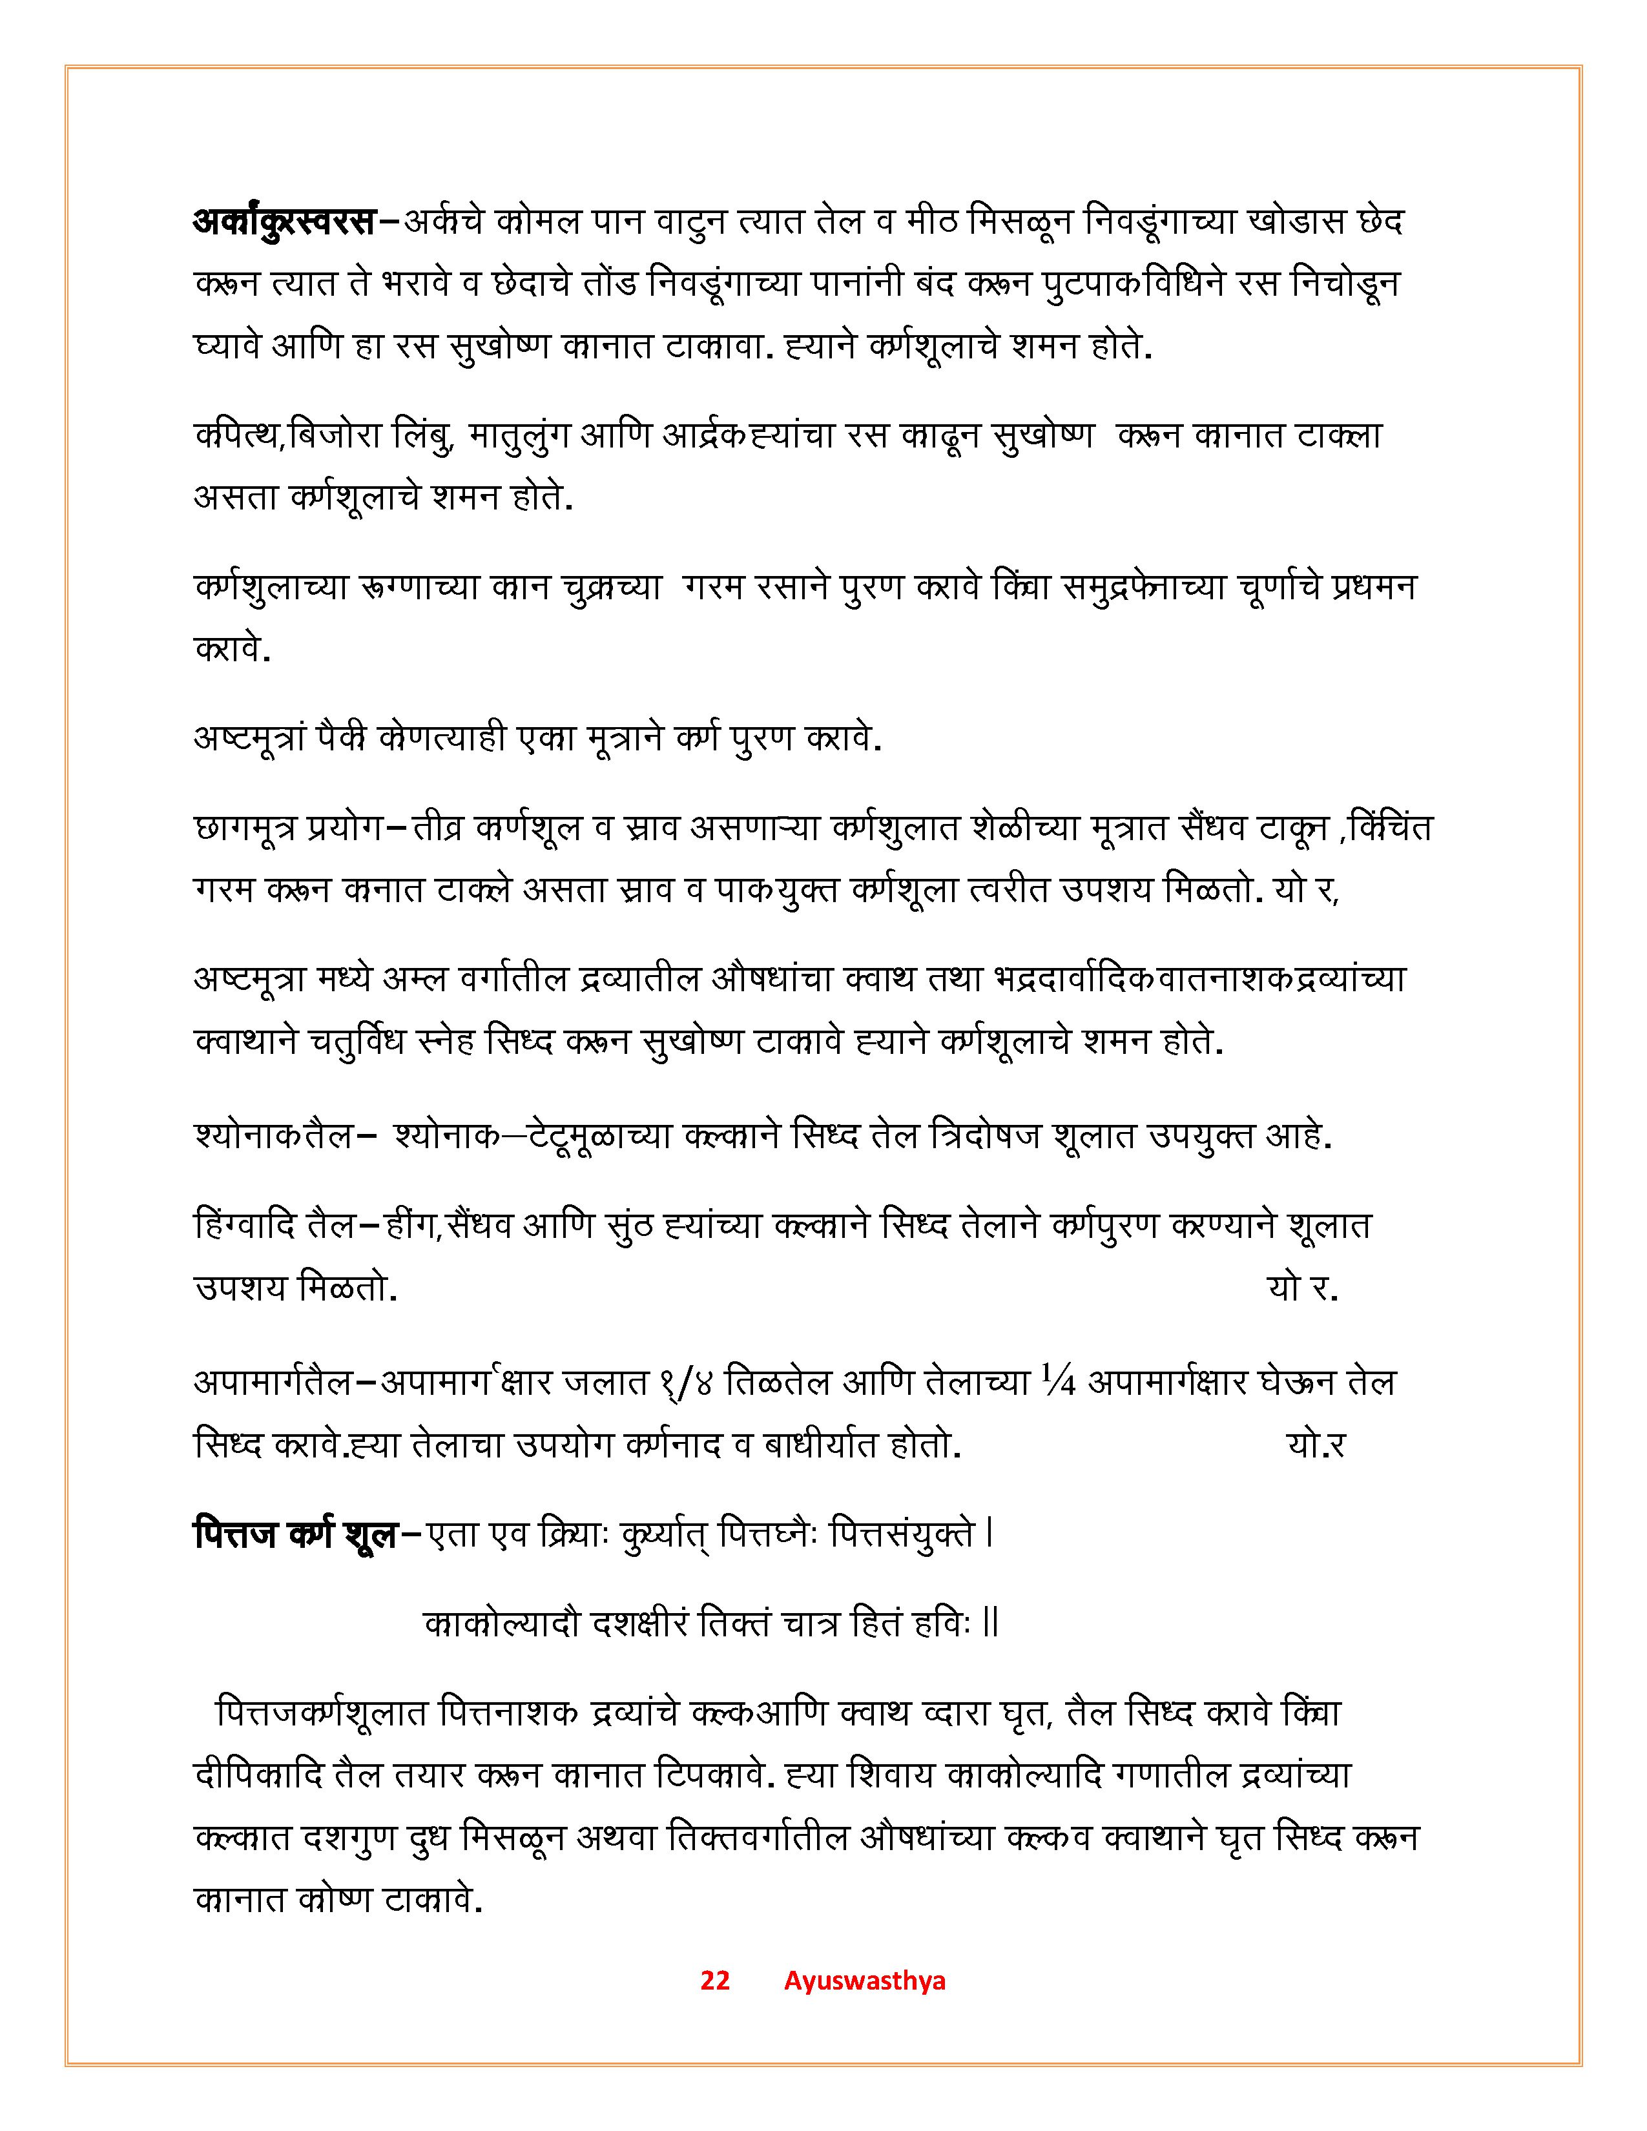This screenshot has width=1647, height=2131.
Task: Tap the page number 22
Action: tap(714, 1980)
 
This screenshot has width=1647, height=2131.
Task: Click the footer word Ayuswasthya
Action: tap(864, 1980)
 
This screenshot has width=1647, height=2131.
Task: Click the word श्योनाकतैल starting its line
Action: tap(273, 1137)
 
